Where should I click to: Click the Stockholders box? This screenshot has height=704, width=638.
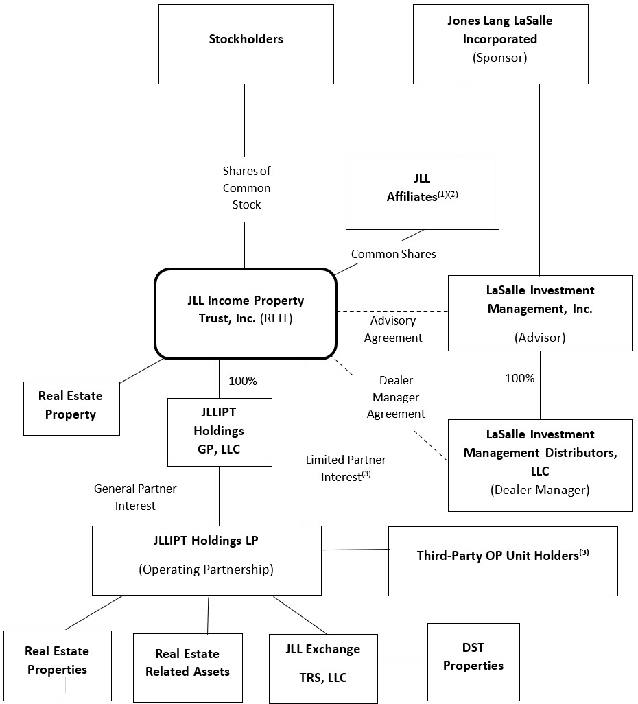tap(246, 44)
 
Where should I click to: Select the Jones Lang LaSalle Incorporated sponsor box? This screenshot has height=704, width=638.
tap(501, 44)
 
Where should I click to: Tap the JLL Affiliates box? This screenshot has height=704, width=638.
tap(423, 193)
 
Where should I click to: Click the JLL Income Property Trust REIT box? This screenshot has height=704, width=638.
tap(246, 314)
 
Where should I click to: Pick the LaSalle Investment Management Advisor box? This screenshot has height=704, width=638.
tap(540, 313)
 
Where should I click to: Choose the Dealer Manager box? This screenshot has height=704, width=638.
tap(540, 465)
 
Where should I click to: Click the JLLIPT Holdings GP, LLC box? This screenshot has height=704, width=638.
tap(220, 432)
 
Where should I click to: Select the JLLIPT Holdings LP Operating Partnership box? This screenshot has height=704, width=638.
tap(206, 561)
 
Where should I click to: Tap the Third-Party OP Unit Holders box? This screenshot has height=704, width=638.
tap(503, 561)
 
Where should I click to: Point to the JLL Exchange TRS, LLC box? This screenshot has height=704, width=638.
tap(323, 668)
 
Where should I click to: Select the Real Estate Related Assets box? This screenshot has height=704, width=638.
tap(188, 668)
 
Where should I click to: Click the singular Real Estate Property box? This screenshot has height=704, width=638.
tap(71, 408)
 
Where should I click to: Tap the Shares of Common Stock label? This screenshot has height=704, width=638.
tap(246, 188)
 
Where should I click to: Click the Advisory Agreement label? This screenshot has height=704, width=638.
tap(393, 329)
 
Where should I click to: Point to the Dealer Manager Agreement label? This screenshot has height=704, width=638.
tap(396, 397)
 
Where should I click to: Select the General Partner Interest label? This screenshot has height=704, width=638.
tap(135, 497)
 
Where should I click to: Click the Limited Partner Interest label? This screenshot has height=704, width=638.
tap(346, 468)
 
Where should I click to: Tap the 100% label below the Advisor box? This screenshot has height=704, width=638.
tap(519, 378)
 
